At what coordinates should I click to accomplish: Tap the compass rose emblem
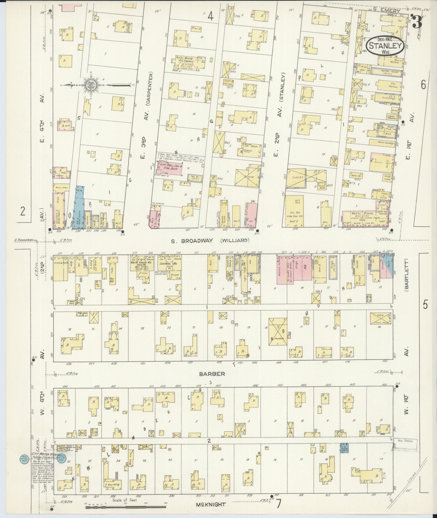90,85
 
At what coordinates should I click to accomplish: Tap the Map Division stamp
405,441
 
